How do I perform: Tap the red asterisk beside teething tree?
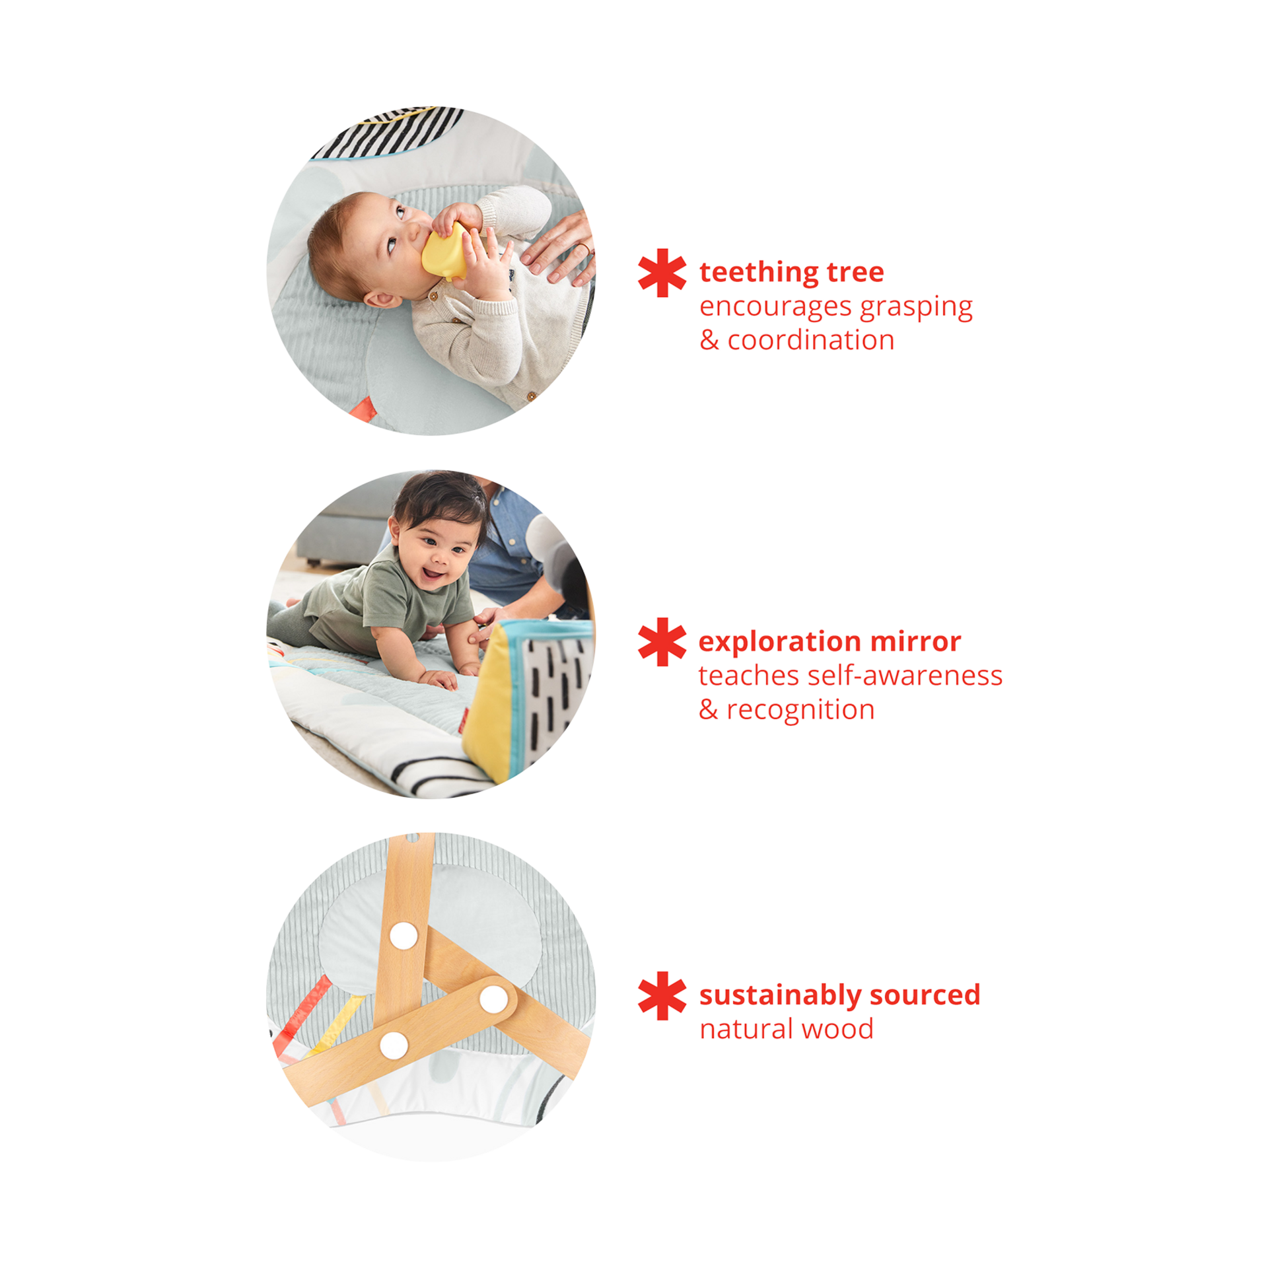[662, 273]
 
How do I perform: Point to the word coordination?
[811, 341]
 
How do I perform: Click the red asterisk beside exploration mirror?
[662, 642]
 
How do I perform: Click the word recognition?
[800, 710]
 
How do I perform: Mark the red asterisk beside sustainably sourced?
[662, 995]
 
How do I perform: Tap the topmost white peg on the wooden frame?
[404, 934]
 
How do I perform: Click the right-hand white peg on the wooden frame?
[493, 999]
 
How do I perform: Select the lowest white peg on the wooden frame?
[394, 1043]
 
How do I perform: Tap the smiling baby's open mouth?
[435, 574]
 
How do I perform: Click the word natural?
[746, 1029]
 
